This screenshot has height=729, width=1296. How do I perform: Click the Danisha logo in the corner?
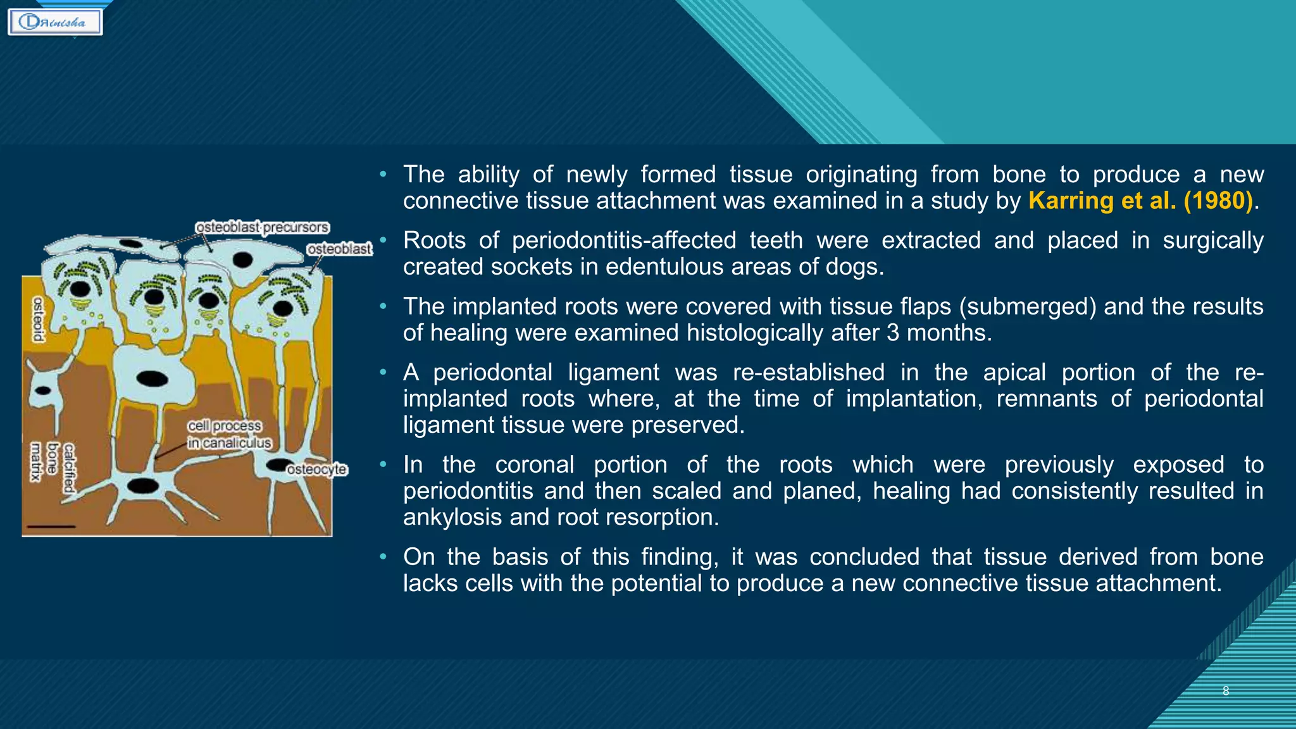pyautogui.click(x=55, y=22)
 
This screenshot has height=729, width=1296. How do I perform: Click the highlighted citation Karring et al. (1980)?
pyautogui.click(x=1140, y=201)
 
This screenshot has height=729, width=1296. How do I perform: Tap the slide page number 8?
pyautogui.click(x=1225, y=691)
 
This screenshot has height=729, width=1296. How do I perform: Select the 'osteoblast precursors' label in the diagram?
pyautogui.click(x=262, y=227)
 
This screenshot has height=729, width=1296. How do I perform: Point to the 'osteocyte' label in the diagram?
pyautogui.click(x=316, y=470)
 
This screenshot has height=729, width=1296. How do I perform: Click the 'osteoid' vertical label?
pyautogui.click(x=38, y=319)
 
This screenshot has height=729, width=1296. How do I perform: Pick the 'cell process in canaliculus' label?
pyautogui.click(x=228, y=435)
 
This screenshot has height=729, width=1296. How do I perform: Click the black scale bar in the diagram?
pyautogui.click(x=51, y=526)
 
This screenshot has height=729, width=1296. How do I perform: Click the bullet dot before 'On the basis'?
pyautogui.click(x=383, y=557)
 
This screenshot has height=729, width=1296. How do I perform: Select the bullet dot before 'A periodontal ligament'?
pyautogui.click(x=383, y=372)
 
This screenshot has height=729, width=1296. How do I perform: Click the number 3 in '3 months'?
pyautogui.click(x=892, y=333)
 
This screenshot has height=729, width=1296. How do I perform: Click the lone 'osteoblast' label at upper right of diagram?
pyautogui.click(x=339, y=249)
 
